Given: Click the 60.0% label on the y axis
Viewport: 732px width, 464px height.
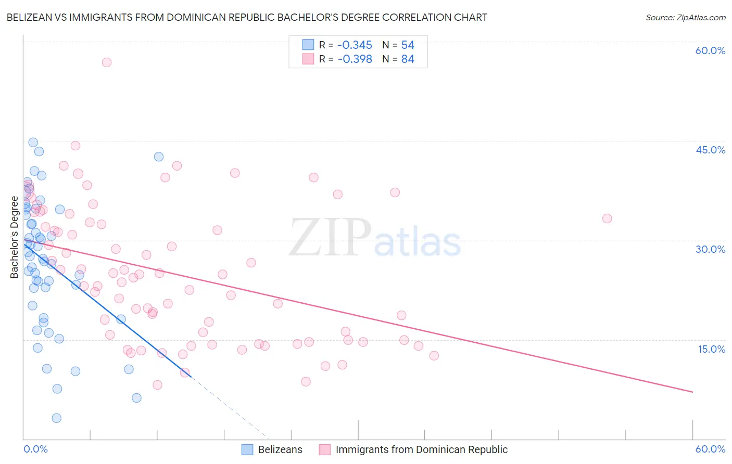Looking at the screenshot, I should click(710, 50).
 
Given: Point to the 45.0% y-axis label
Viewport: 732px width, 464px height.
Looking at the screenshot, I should click(710, 150).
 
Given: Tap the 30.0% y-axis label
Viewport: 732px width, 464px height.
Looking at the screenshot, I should click(710, 249).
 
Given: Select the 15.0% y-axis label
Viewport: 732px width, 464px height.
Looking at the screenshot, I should click(711, 349).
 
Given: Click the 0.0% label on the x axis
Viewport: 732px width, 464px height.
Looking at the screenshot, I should click(35, 449).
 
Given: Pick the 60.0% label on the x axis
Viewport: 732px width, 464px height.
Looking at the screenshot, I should click(710, 449).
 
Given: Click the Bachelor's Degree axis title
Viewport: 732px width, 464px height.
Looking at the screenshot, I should click(14, 237).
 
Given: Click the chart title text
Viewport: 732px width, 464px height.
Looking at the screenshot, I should click(247, 17).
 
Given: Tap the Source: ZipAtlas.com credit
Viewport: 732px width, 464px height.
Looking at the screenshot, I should click(685, 18).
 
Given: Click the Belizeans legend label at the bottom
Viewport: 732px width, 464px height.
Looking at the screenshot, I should click(280, 449).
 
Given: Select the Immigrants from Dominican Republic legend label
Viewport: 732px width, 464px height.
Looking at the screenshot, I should click(421, 449).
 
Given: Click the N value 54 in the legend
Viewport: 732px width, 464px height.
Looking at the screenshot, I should click(408, 45).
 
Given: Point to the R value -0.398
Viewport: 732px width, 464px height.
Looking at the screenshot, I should click(355, 59).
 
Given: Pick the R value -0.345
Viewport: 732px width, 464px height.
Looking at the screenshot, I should click(355, 45).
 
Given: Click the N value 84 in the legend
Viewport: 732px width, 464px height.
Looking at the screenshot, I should click(408, 59).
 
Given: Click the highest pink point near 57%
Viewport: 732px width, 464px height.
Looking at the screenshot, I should click(107, 62).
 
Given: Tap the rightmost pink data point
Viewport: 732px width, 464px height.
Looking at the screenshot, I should click(607, 218).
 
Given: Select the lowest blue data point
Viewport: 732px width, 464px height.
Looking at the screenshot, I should click(57, 418).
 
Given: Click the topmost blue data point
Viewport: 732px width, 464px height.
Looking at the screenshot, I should click(33, 143).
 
